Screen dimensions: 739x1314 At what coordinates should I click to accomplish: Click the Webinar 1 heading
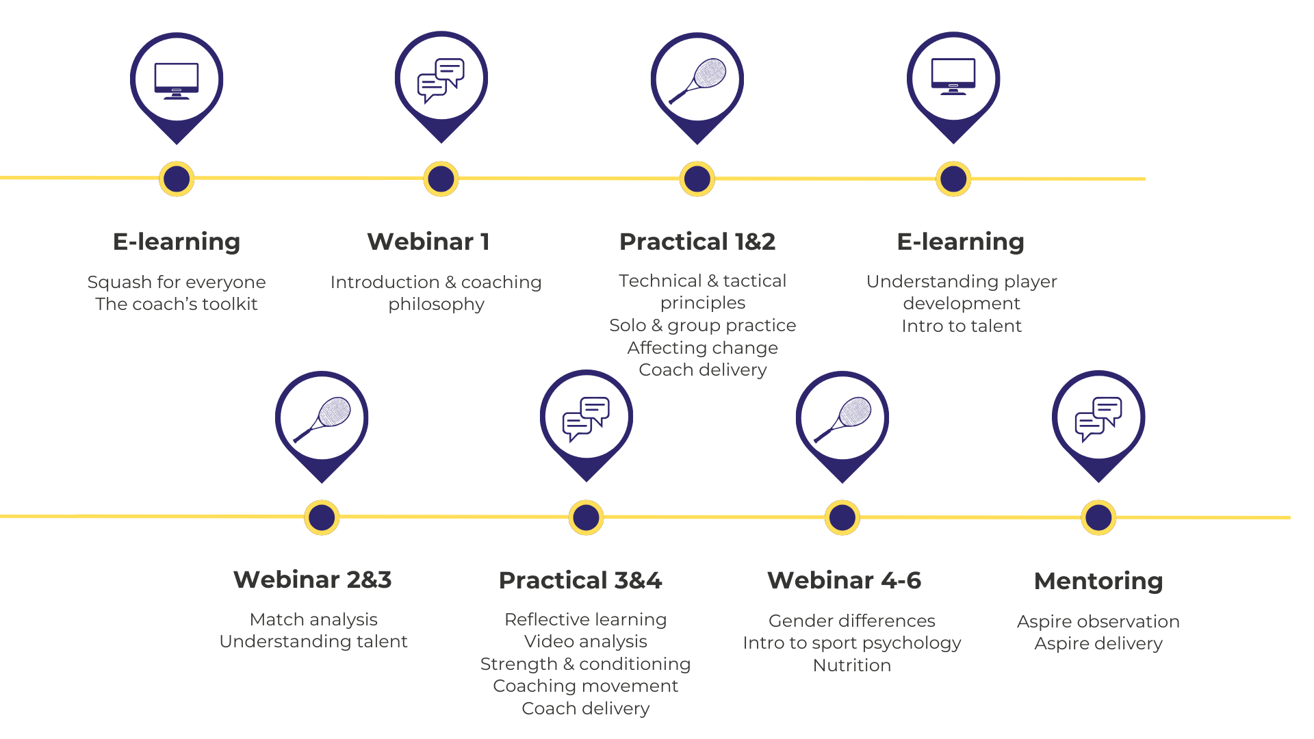[x=428, y=242]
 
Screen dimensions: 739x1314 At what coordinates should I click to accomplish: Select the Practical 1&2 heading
[x=697, y=242]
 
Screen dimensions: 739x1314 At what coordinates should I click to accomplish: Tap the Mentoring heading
[x=1098, y=581]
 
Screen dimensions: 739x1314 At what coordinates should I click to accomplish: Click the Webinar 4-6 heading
[x=844, y=580]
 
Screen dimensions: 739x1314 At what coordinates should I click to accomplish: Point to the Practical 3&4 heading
[x=580, y=580]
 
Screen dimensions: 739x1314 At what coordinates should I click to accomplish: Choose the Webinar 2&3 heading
[x=313, y=580]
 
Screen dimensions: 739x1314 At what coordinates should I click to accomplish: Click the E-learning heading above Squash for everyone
[x=177, y=242]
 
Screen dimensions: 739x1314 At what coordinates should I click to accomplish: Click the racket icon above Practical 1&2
[x=697, y=79]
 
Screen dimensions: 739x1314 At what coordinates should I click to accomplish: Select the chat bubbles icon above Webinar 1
[x=441, y=79]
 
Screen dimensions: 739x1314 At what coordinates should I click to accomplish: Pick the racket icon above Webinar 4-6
[x=842, y=419]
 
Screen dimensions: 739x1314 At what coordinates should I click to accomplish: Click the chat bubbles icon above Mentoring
[x=1098, y=418]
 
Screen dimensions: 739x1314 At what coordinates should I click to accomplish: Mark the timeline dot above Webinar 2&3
[x=322, y=517]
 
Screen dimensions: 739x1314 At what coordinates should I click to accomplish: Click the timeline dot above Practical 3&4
[x=586, y=517]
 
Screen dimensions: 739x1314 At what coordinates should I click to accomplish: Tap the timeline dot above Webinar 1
[x=441, y=179]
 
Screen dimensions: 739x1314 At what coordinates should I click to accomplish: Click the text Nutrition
[x=851, y=665]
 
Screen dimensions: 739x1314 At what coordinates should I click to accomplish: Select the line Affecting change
[x=702, y=348]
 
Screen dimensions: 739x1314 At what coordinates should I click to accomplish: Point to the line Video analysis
[x=585, y=641]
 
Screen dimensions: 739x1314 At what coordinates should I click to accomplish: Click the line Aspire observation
[x=1098, y=621]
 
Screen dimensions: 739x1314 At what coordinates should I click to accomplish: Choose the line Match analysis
[x=313, y=619]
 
